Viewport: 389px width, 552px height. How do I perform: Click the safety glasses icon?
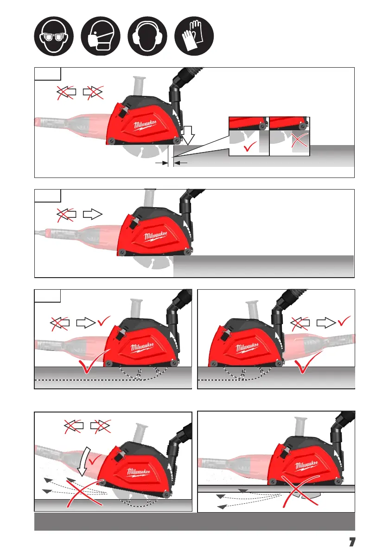[54, 36]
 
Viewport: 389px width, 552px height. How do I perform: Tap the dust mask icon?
[101, 36]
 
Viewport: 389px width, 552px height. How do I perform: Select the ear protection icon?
[147, 36]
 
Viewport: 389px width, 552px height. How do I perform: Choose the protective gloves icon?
[194, 36]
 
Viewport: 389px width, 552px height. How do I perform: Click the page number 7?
[352, 541]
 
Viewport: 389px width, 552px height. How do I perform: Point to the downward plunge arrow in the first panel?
[188, 135]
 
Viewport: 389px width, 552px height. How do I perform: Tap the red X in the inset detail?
[300, 140]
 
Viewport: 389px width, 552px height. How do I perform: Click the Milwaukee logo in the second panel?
[156, 236]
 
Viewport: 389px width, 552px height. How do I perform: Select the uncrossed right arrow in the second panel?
[93, 214]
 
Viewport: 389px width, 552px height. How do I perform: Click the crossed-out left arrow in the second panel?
[66, 214]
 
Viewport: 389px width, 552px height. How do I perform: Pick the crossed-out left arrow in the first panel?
[66, 92]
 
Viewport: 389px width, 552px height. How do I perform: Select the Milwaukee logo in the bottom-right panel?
[306, 466]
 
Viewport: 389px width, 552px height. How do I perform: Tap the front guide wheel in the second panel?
[188, 252]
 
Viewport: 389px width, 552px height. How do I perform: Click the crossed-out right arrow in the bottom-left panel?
[100, 425]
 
